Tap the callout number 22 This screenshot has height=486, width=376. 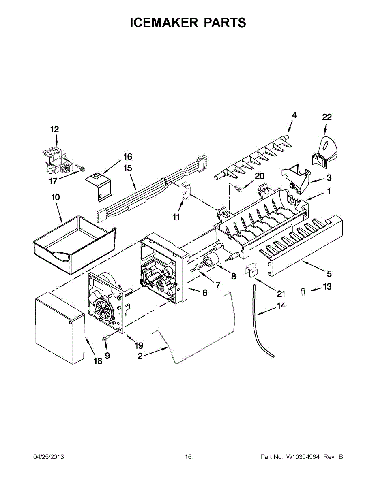[x=327, y=117]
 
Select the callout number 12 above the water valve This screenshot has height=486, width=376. [x=54, y=129]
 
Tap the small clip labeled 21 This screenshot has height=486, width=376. [x=252, y=271]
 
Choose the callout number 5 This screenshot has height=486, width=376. [x=329, y=273]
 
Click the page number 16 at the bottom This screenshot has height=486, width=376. [x=188, y=457]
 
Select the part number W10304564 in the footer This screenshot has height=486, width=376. [x=303, y=457]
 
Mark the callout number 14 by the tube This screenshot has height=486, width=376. [x=281, y=306]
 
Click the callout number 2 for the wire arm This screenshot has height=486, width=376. [x=140, y=356]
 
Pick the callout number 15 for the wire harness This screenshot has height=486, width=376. [x=128, y=168]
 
